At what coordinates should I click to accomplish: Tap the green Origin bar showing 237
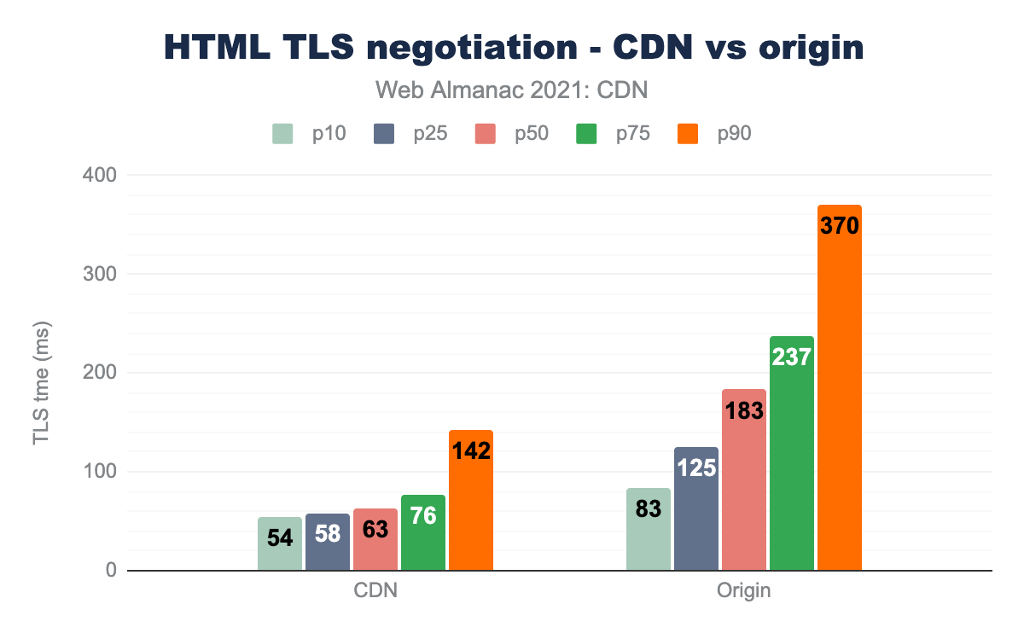tap(792, 453)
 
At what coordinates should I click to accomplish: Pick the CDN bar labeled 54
tap(280, 544)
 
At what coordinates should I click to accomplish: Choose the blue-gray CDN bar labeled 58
tap(328, 543)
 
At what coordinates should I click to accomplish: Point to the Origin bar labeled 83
tap(649, 529)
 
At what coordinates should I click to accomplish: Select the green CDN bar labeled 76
tap(423, 532)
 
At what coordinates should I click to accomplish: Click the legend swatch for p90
tap(687, 134)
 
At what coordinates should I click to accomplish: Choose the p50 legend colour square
tap(485, 134)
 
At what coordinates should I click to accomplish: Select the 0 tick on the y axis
tap(111, 571)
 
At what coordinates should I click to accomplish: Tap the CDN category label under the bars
tap(375, 590)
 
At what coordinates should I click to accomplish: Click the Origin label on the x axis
tap(744, 590)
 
